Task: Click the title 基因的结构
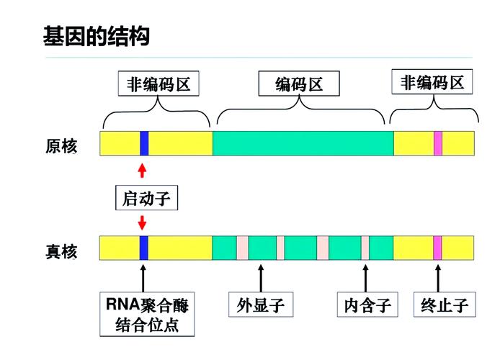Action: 97,36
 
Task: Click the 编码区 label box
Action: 299,85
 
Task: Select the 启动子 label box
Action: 146,198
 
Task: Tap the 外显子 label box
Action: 260,305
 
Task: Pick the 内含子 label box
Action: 367,305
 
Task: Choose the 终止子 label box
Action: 445,305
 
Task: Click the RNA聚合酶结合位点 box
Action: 148,314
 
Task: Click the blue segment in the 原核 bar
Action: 144,143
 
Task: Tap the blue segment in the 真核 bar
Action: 144,248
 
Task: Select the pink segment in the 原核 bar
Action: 437,143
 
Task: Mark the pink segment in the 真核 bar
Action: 437,248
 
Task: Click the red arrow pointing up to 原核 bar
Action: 142,170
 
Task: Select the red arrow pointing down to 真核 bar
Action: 142,222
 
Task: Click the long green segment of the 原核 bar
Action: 303,143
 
